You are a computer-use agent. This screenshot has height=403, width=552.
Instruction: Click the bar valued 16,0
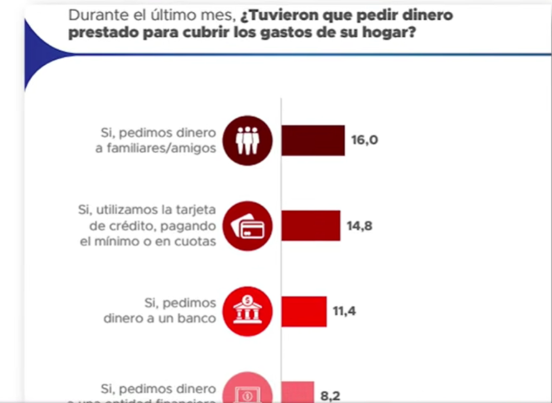point(313,140)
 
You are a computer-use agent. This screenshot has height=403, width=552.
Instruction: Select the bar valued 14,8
point(311,225)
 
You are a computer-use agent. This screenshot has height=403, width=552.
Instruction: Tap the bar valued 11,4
point(304,311)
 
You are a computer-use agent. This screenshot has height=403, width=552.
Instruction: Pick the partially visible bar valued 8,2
point(298,392)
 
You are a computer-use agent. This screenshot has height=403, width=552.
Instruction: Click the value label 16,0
point(364,140)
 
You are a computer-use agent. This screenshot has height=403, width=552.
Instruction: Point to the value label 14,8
point(359,225)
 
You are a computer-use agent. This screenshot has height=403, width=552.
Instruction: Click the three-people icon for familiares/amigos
point(247,141)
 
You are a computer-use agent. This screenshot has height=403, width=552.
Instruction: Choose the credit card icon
point(247,226)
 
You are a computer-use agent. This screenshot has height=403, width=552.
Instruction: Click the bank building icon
point(247,311)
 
